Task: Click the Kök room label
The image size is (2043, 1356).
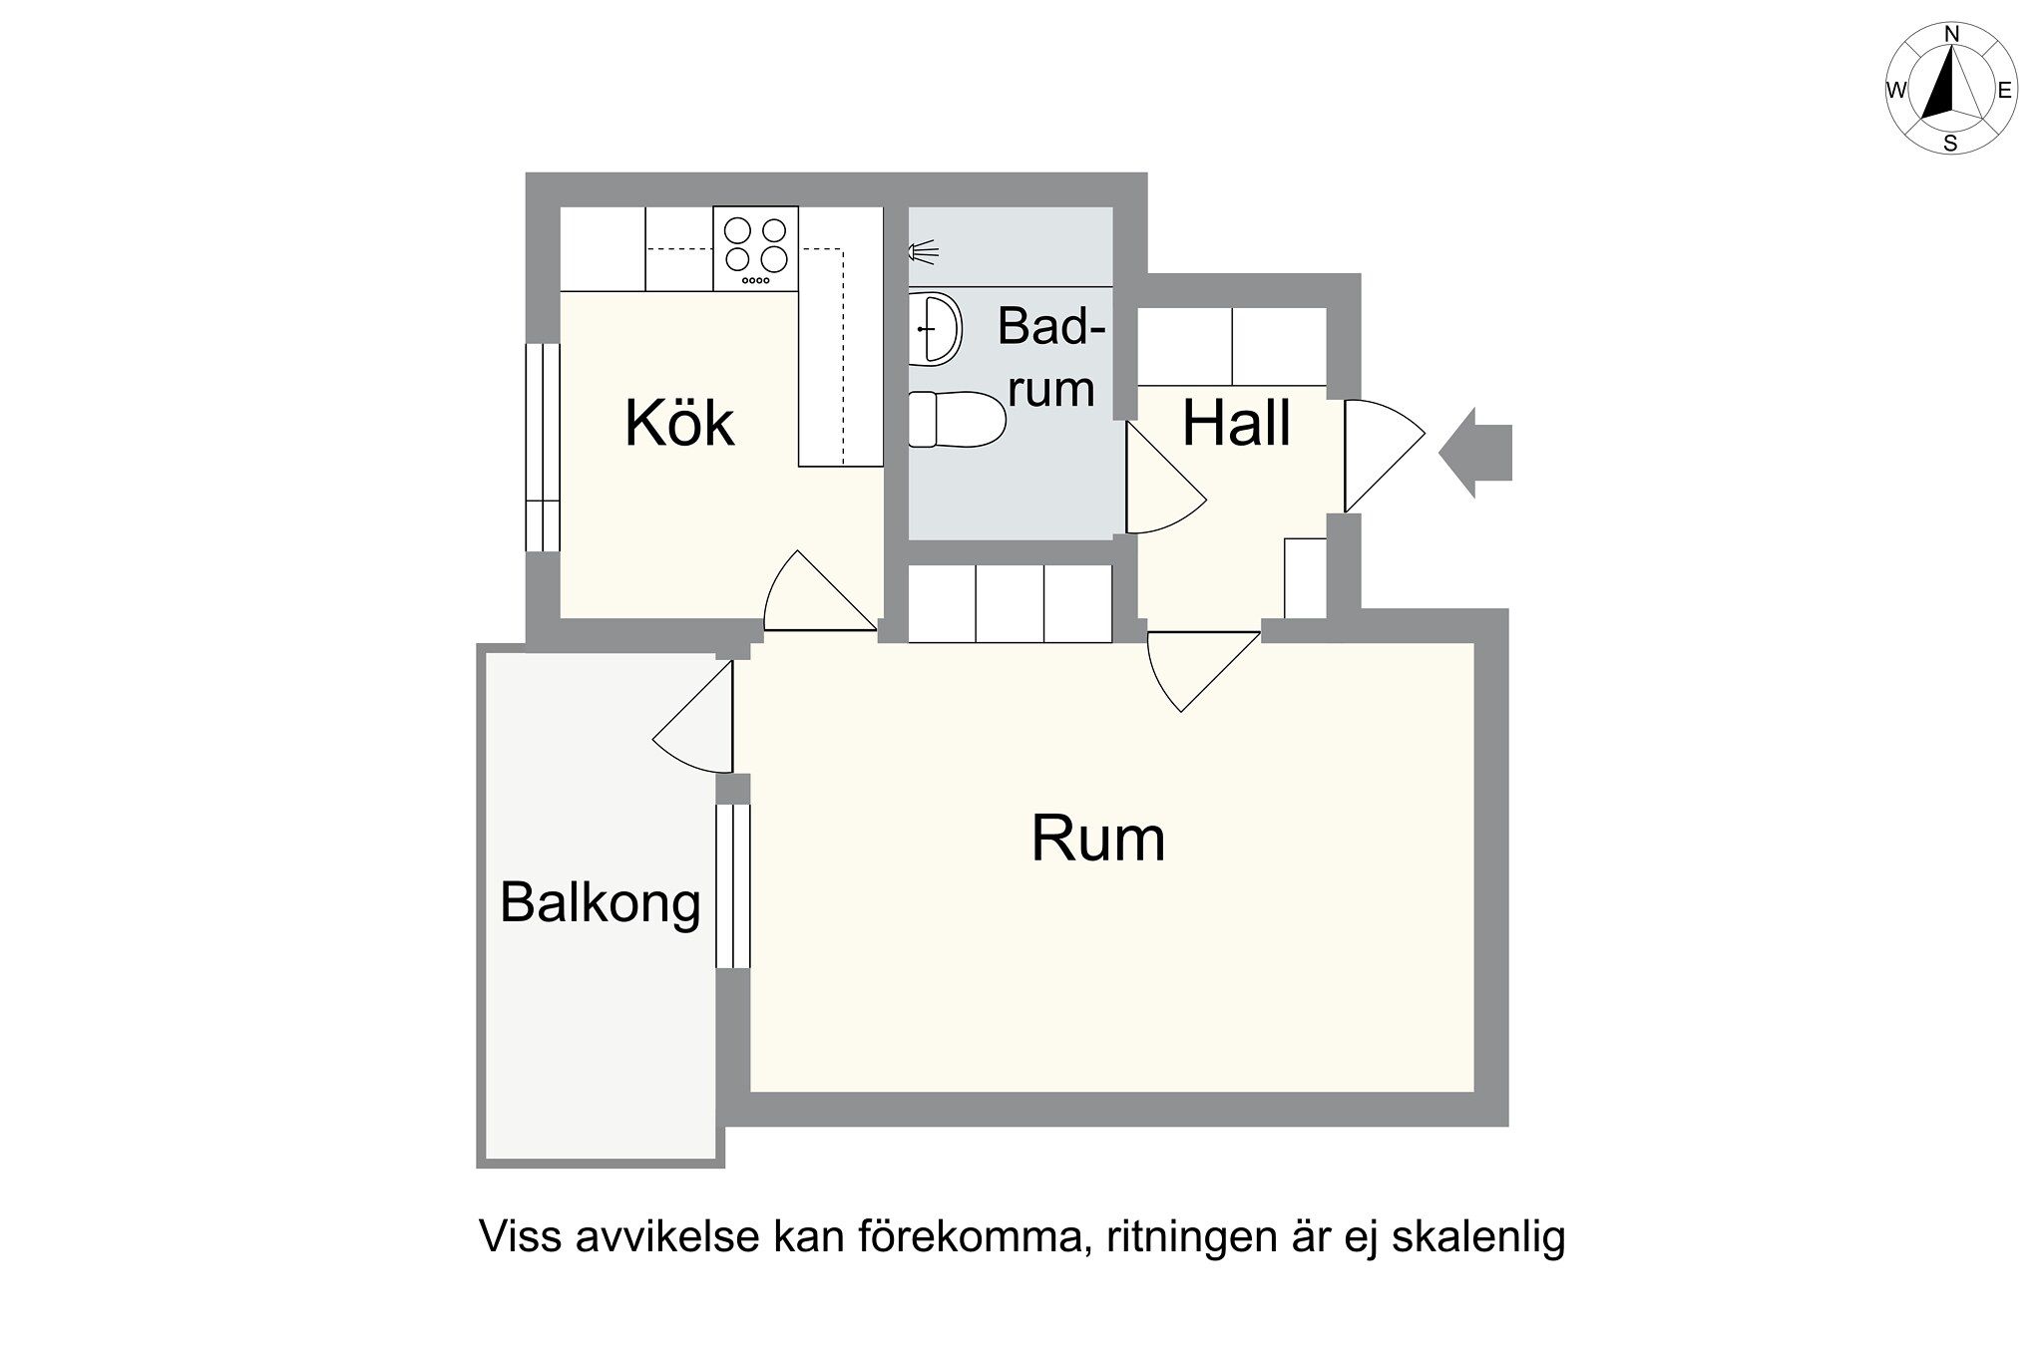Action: (679, 423)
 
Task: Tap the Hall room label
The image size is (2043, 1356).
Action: (1236, 423)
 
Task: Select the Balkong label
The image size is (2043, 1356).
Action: (600, 903)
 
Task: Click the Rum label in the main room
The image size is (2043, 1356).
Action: (1097, 839)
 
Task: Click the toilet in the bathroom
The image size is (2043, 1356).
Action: (957, 420)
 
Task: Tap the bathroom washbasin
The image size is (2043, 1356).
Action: (935, 328)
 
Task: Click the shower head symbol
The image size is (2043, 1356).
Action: (923, 252)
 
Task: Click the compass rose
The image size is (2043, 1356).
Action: (1950, 89)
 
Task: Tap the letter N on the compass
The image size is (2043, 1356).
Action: (1951, 35)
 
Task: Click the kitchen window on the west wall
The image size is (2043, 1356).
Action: (543, 447)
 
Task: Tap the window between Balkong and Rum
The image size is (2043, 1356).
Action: (732, 885)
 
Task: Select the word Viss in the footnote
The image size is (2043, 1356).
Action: (514, 1237)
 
